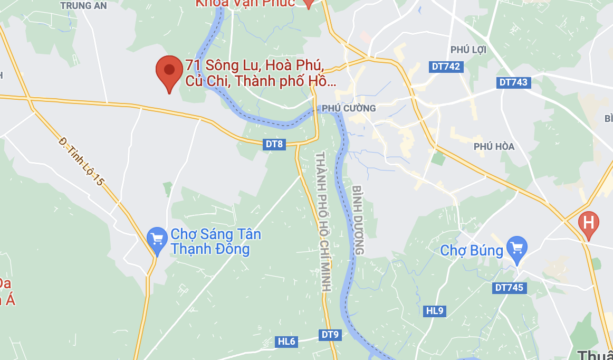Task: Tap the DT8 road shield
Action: pos(274,144)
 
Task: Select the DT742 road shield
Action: pos(446,67)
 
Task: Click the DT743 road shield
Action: pos(513,82)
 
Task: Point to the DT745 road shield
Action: pos(509,288)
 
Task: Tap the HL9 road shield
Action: pos(435,311)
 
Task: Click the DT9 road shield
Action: pos(331,334)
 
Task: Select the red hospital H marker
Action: pos(588,222)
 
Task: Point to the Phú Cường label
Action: pos(349,108)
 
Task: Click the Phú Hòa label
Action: pos(494,146)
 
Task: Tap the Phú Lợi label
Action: pos(468,50)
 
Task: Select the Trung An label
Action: pos(83,6)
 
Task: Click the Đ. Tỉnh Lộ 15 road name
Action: pos(82,162)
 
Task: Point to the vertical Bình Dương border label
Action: pos(358,220)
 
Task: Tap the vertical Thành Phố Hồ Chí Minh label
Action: pos(322,222)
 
